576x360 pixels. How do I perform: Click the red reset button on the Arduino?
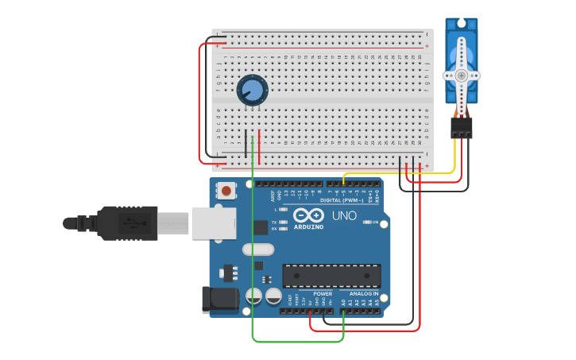click(x=226, y=191)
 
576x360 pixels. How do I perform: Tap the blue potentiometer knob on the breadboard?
click(x=253, y=89)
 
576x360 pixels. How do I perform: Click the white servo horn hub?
click(x=461, y=75)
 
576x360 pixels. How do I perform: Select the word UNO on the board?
click(x=344, y=215)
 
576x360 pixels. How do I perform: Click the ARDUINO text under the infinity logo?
click(x=308, y=226)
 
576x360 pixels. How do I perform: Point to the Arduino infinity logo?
click(x=308, y=215)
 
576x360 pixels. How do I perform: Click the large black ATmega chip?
click(x=331, y=275)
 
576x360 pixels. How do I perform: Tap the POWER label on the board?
click(x=323, y=293)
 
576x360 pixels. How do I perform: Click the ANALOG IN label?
click(x=364, y=293)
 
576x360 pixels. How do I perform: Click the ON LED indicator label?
click(x=375, y=223)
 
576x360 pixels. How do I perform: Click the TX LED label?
click(x=274, y=222)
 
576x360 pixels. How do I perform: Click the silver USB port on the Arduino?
click(x=212, y=223)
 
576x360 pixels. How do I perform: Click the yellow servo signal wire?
click(x=397, y=173)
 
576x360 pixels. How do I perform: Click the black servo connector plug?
click(x=461, y=127)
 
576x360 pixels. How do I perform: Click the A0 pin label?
click(x=343, y=303)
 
